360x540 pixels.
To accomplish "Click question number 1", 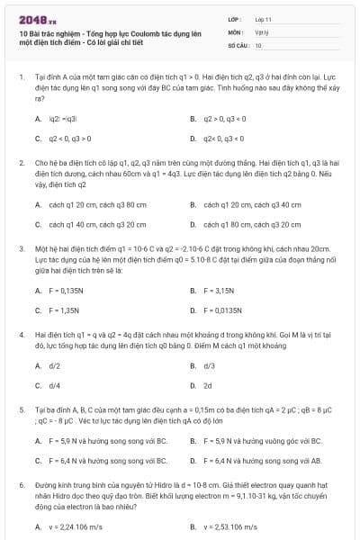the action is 21,78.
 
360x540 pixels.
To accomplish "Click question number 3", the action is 21,247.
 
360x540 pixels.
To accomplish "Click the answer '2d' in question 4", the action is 208,386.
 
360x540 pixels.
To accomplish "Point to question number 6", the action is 21,484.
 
